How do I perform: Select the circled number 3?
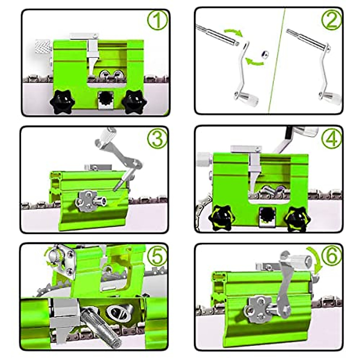coord(157,138)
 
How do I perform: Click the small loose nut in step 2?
coord(264,54)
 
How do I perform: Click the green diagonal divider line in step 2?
coord(277,60)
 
